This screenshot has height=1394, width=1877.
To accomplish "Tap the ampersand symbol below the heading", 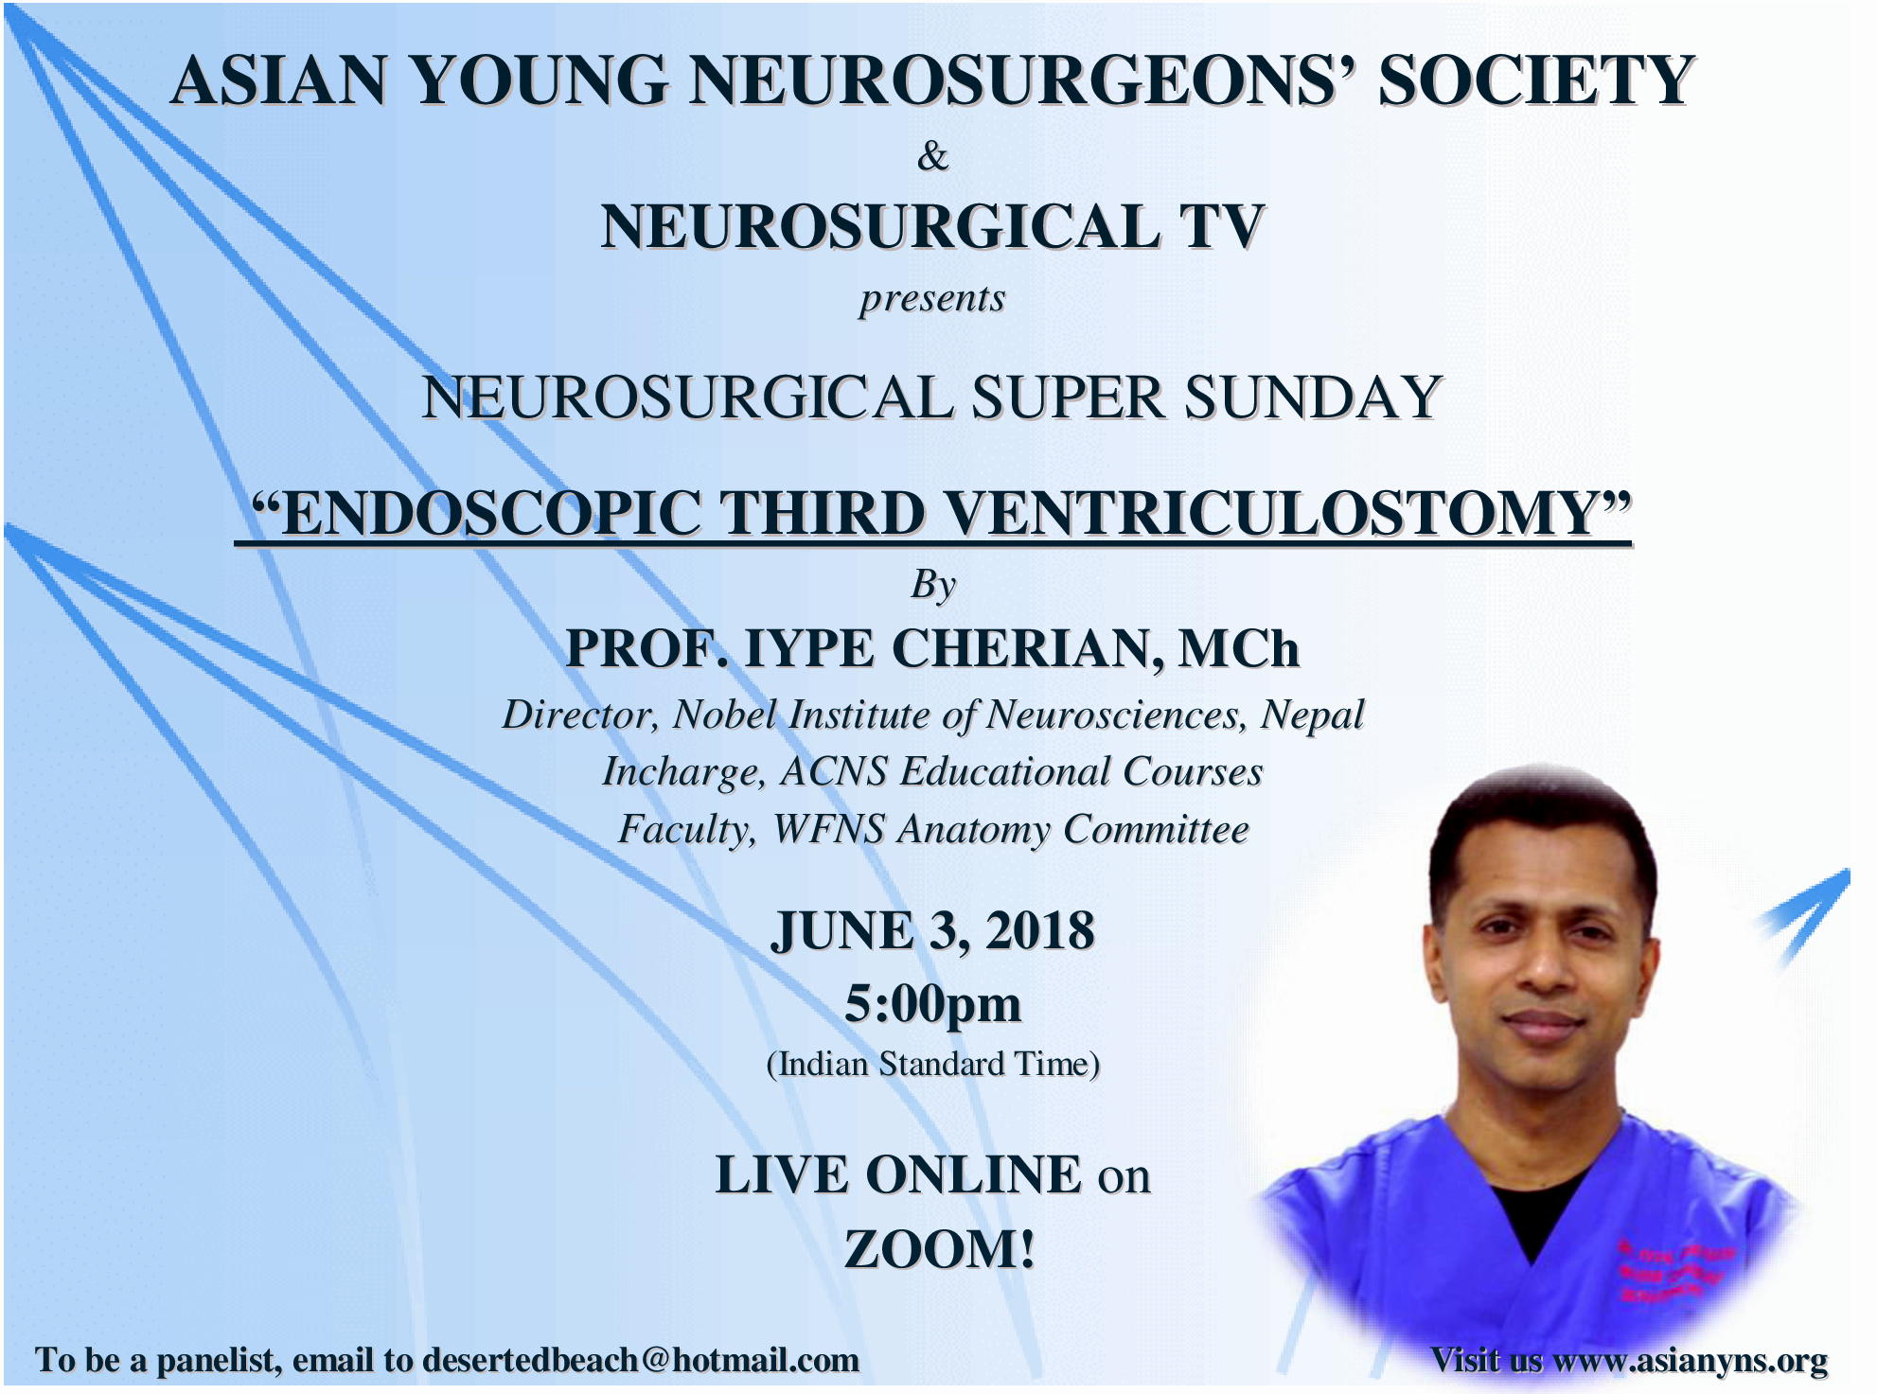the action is [x=932, y=156].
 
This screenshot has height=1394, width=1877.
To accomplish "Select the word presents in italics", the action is [x=932, y=299].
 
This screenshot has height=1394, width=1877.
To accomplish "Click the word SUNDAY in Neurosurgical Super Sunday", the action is [x=1313, y=397].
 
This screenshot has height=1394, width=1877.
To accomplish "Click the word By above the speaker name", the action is [x=933, y=585].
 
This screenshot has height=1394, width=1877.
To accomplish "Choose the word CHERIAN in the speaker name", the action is [x=1028, y=649].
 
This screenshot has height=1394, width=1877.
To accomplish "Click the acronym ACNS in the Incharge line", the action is [x=834, y=771].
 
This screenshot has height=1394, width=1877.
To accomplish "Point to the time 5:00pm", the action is [x=933, y=1005].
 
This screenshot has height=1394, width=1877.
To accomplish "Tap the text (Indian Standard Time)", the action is [x=933, y=1065].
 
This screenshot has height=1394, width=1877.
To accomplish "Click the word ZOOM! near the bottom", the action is [x=940, y=1249].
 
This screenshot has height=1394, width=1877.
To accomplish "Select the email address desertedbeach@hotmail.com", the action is [x=641, y=1360].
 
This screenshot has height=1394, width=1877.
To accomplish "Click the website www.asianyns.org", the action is [x=1691, y=1360].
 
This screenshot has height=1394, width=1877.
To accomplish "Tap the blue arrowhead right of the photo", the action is [x=1806, y=913].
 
